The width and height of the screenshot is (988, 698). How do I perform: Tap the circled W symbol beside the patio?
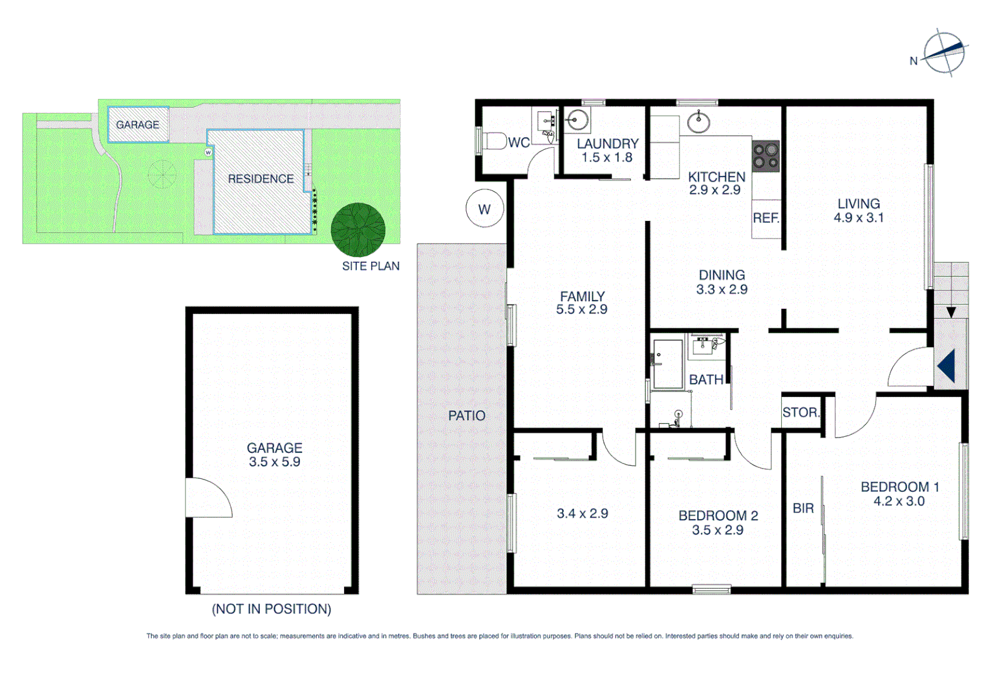pos(484,209)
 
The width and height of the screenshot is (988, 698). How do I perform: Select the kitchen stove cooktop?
pos(766,156)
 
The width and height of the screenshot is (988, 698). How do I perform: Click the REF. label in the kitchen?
pos(766,218)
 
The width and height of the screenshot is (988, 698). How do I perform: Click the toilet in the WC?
pos(495,141)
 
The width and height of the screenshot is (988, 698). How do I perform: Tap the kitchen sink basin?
pos(698,122)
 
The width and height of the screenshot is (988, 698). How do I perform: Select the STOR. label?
pos(800,412)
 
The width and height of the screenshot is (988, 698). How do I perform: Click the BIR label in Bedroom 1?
pos(803,509)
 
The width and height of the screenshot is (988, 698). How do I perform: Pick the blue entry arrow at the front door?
pos(947,366)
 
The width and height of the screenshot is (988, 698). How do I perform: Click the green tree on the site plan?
pos(358,229)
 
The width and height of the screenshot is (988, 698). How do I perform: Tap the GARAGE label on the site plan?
pos(138,125)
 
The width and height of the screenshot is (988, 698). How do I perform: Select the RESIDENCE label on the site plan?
pos(261,179)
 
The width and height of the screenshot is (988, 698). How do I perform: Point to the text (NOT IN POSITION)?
pos(272,609)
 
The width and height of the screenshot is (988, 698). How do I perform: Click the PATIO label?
pos(467,416)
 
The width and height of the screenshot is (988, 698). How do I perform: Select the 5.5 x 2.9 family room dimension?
pos(582,310)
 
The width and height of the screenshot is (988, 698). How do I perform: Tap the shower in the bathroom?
pos(668,364)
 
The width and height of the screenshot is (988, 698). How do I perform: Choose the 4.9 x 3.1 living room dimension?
pos(859,218)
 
